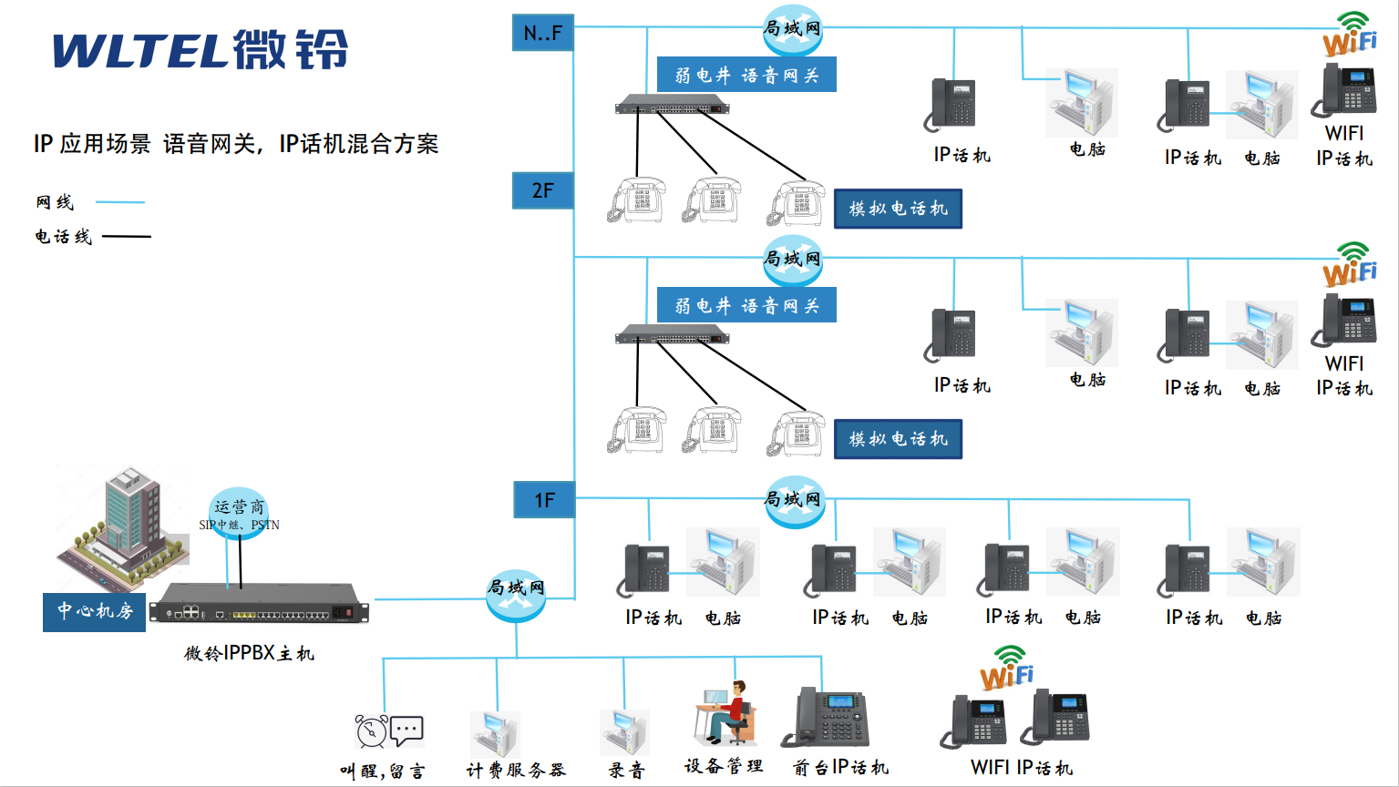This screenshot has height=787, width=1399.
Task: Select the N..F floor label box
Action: point(542,34)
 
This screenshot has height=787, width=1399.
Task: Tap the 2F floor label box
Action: point(542,190)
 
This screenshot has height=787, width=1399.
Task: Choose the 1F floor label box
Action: point(544,500)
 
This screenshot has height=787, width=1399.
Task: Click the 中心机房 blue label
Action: point(94,611)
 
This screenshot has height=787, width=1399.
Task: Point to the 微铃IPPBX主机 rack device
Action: point(259,605)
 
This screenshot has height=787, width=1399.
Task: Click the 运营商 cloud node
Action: point(239,512)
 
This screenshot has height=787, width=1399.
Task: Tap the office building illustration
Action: point(123,524)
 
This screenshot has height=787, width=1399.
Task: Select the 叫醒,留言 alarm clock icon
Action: point(372,731)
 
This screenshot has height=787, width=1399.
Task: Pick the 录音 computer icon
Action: point(624,732)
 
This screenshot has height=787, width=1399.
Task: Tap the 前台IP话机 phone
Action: point(828,718)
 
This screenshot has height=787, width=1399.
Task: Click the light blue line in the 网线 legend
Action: point(119,202)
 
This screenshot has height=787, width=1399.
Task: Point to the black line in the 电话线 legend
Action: point(126,237)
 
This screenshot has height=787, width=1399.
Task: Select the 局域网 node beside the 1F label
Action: point(795,501)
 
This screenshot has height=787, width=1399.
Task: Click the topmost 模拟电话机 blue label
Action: point(898,209)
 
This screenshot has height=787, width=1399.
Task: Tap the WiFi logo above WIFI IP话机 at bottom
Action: point(1007,669)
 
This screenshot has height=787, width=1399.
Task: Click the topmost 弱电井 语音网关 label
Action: point(746,75)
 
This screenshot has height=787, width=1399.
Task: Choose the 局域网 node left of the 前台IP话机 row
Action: point(516,592)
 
